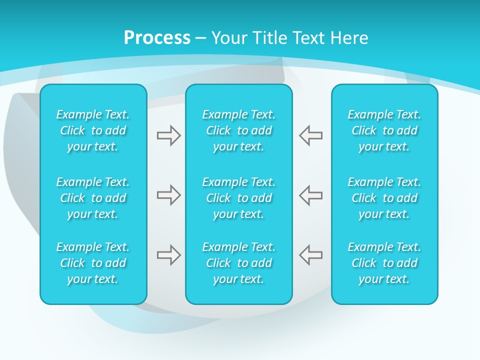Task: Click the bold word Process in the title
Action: coord(157,38)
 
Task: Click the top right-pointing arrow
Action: coord(168,135)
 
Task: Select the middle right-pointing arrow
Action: coord(168,195)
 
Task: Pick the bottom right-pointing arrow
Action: coord(168,255)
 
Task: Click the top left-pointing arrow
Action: coord(311,135)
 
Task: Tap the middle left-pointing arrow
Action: coord(311,195)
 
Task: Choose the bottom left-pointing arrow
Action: coord(311,255)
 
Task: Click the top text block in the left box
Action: coord(93,130)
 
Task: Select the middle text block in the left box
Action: coord(93,198)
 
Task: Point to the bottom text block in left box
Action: coord(93,263)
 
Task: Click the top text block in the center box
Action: coord(239,130)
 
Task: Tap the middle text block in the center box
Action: coord(239,198)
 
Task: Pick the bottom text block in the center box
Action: coord(239,263)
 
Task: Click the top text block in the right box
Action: coord(384,130)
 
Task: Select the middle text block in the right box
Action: coord(384,198)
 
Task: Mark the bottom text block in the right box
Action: coord(384,263)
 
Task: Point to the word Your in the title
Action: coord(228,38)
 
